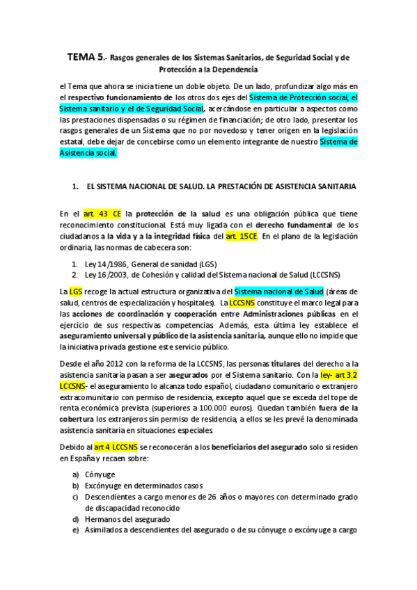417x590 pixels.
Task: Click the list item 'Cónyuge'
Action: click(x=100, y=474)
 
